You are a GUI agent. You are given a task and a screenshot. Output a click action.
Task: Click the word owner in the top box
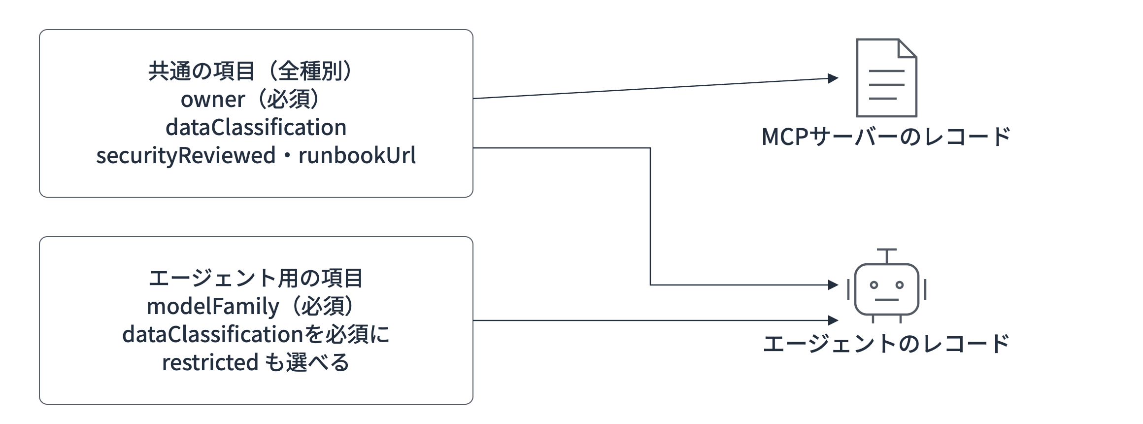coord(212,100)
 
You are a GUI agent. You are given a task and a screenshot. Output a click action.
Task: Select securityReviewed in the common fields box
coord(186,156)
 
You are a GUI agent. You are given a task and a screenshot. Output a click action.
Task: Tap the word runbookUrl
coord(357,156)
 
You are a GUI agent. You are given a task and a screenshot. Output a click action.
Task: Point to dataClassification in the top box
coord(256,128)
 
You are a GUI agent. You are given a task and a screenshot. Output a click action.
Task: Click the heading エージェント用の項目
coord(256,279)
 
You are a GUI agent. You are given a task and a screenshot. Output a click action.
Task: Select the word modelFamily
coord(213,307)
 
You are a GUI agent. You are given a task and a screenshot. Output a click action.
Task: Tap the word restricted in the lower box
coord(210,363)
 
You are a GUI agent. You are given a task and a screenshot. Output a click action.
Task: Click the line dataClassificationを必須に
coord(256,335)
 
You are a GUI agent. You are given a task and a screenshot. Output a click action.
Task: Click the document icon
coord(886,78)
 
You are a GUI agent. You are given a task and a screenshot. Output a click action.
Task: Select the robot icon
coord(887,286)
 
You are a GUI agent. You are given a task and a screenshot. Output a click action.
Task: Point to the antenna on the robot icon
coord(887,255)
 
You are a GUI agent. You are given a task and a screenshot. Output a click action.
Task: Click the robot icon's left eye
coord(874,285)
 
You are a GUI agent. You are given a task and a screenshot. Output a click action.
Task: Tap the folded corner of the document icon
coord(908,48)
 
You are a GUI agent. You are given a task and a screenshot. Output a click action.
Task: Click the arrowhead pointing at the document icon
coord(833,78)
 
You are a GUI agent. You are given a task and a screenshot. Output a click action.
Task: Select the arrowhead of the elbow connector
coord(833,285)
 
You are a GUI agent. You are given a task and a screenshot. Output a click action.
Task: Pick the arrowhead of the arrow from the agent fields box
coord(833,320)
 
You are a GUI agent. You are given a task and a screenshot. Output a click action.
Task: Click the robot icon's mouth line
coord(887,299)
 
